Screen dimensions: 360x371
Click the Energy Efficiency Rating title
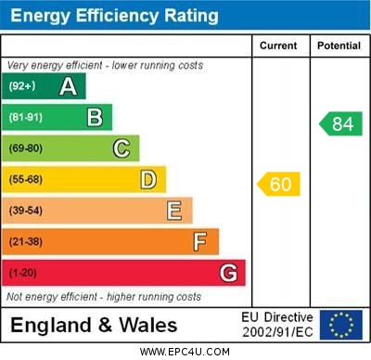click(114, 16)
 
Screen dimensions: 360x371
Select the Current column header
click(278, 45)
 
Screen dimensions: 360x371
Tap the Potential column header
click(339, 45)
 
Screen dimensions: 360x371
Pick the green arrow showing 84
click(340, 123)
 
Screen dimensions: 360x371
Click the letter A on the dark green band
click(68, 86)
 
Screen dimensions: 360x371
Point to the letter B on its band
click(95, 117)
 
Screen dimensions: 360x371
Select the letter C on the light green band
click(122, 148)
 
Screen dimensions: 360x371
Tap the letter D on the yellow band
click(147, 179)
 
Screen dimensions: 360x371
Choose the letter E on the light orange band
click(174, 211)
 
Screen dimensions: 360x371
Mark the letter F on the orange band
click(199, 242)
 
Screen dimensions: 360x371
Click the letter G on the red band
click(228, 273)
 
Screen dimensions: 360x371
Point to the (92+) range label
click(22, 86)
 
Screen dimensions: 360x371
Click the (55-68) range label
click(26, 179)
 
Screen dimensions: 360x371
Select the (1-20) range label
click(23, 273)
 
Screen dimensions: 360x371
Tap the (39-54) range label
click(26, 211)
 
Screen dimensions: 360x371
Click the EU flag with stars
click(341, 325)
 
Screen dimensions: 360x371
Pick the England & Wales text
click(93, 326)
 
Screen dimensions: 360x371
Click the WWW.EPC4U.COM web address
click(185, 353)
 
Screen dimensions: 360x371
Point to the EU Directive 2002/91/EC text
click(277, 325)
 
